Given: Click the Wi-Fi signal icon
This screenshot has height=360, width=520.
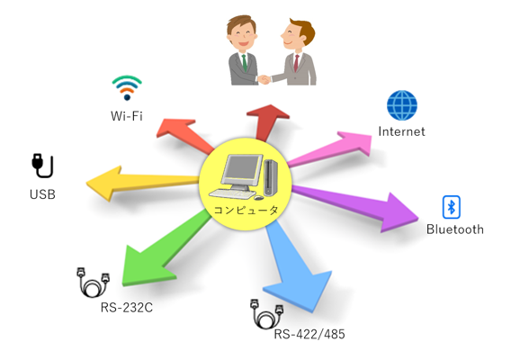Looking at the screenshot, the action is pos(127,87).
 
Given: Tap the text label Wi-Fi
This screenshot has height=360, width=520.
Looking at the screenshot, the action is pos(127,116).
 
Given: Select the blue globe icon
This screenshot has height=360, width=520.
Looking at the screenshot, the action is pos(402,105).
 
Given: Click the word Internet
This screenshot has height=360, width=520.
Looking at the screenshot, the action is pos(401,131).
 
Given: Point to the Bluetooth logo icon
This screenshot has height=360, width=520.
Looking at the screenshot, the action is pos(452,207).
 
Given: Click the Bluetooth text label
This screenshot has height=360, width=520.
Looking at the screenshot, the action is pos(455,229).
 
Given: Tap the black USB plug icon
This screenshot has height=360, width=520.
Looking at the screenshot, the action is pos(42,166).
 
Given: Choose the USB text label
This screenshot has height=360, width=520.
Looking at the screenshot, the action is pos(42,194).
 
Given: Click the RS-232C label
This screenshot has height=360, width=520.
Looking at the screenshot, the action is pos(127,308).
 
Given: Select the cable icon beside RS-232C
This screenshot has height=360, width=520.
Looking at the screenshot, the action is pos(93,282).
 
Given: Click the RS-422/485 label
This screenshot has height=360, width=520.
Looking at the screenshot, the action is pos(309,334).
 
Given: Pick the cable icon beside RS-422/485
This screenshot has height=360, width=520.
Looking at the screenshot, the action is pos(266,314).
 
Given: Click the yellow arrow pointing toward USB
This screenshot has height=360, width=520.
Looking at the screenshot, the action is pos(143,183).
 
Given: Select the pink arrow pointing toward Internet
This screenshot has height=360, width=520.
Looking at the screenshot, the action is pos(329,148).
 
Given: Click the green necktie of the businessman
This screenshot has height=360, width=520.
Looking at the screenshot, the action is pos(245,63).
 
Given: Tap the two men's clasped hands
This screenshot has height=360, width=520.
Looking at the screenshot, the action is pos(264,79).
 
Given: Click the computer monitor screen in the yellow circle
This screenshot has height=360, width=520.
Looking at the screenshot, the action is pos(241,170).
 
